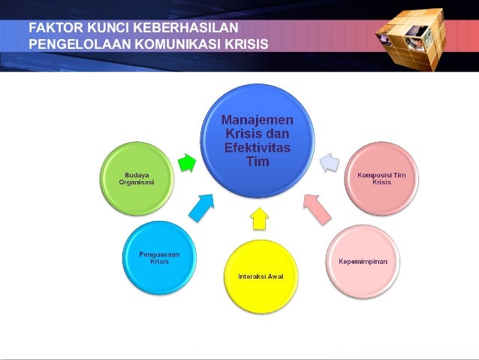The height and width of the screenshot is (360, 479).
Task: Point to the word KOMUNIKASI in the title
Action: pos(175,43)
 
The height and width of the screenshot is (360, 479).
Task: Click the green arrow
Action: pos(186,162)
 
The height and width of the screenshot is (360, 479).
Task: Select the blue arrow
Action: pos(200,207)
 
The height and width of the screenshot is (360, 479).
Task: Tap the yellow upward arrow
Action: pos(259,218)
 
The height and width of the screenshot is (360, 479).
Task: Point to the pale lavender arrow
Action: pos(330,162)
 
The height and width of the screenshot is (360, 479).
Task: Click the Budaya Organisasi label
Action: pos(137,180)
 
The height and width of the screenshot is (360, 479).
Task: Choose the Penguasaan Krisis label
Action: pos(159,258)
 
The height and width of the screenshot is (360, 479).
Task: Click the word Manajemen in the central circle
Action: pos(258,120)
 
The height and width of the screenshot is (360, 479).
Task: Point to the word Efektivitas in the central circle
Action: pos(258,147)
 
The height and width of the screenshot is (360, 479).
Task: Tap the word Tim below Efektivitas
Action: pos(258,161)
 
